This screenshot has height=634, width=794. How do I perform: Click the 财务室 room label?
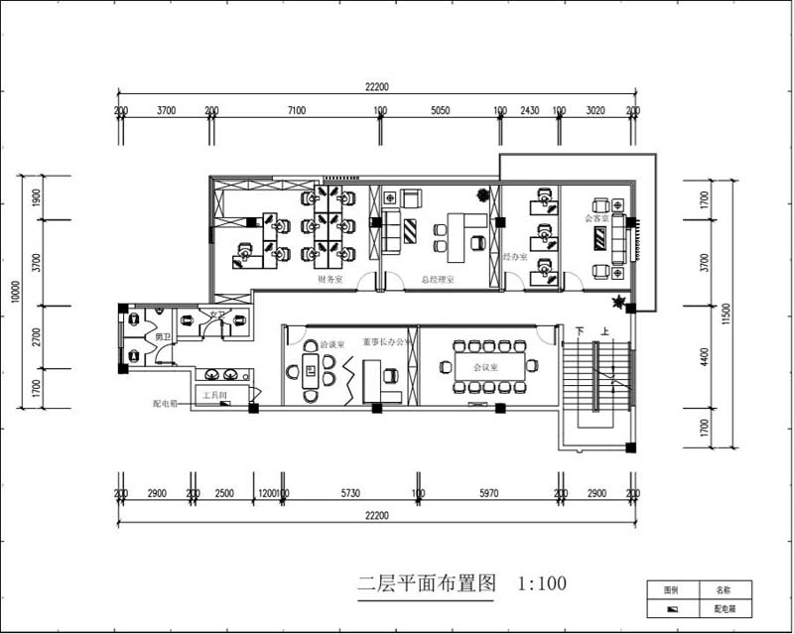pyautogui.click(x=330, y=280)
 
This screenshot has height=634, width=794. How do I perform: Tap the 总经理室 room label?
pyautogui.click(x=437, y=280)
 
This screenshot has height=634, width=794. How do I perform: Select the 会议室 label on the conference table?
pyautogui.click(x=485, y=366)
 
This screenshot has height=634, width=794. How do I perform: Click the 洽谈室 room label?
pyautogui.click(x=332, y=344)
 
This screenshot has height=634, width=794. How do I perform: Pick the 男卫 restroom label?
pyautogui.click(x=163, y=337)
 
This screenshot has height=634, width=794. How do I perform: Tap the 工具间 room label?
pyautogui.click(x=214, y=395)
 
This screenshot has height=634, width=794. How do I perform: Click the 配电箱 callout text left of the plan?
pyautogui.click(x=165, y=405)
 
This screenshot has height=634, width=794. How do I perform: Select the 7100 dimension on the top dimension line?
pyautogui.click(x=296, y=111)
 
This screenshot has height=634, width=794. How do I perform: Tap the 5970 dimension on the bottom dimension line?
pyautogui.click(x=489, y=493)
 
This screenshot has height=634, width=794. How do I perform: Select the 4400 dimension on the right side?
pyautogui.click(x=704, y=357)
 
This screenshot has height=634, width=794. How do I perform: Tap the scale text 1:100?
pyautogui.click(x=542, y=583)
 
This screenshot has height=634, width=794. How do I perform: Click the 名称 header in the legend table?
pyautogui.click(x=724, y=588)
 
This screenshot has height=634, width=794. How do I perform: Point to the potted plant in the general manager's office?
pyautogui.click(x=483, y=193)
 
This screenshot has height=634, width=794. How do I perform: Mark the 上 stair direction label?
pyautogui.click(x=603, y=330)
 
